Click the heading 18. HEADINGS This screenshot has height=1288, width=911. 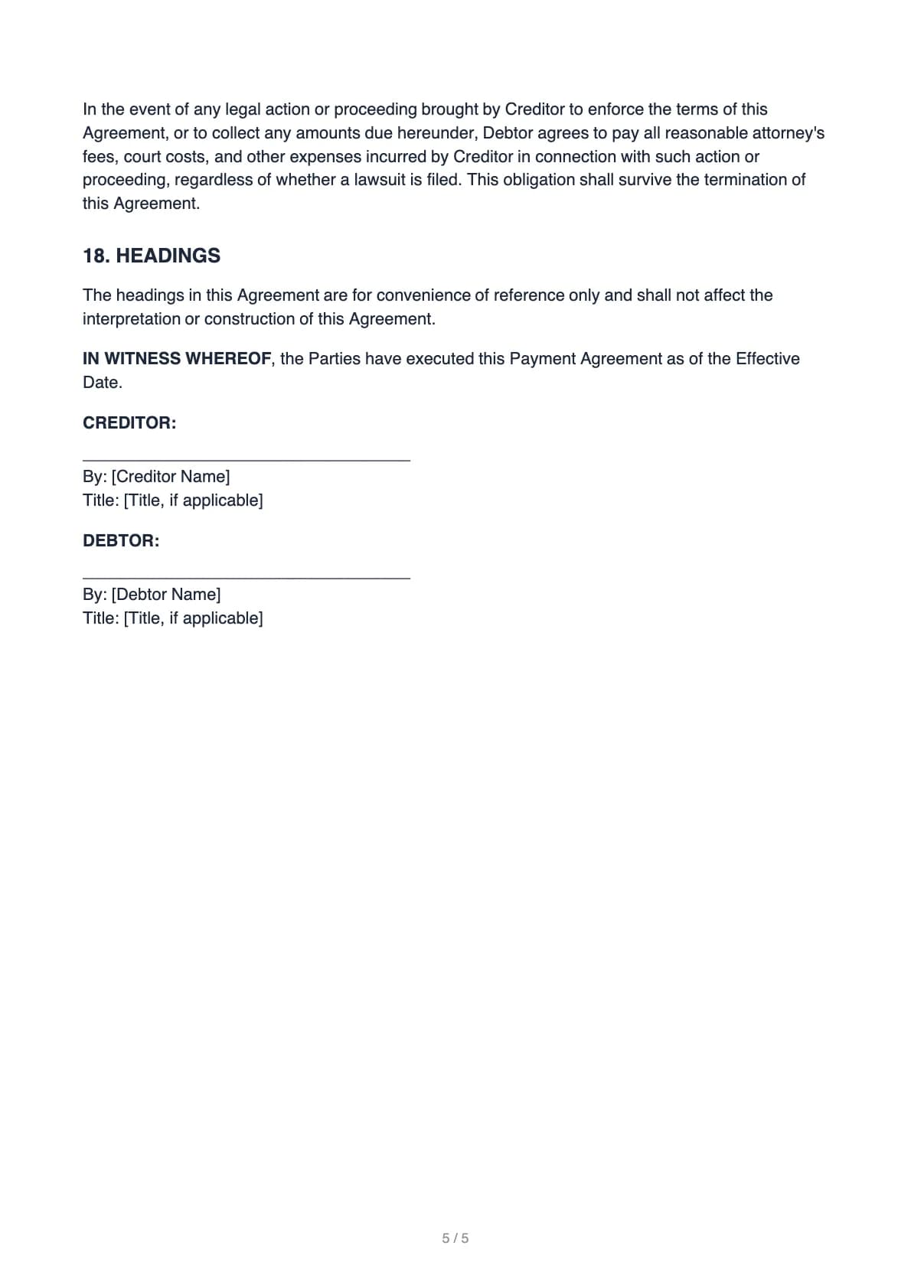pos(152,256)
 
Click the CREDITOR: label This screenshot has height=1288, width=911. pos(129,423)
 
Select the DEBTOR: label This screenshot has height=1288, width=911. pos(121,541)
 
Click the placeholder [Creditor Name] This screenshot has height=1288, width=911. pos(171,477)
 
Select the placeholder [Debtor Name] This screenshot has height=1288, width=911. pos(166,595)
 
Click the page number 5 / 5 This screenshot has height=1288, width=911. pos(455,1238)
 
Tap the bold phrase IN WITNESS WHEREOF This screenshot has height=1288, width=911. pos(177,359)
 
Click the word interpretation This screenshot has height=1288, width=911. pos(131,319)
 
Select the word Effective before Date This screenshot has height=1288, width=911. pos(767,359)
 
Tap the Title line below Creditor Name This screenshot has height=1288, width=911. pos(172,501)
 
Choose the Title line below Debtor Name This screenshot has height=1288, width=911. pos(172,618)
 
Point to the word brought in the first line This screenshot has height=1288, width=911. pos(449,109)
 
